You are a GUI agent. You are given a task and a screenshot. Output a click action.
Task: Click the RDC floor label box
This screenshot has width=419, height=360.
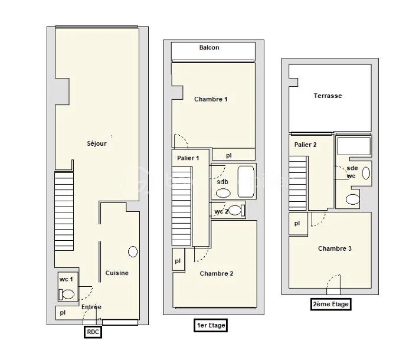point(93,332)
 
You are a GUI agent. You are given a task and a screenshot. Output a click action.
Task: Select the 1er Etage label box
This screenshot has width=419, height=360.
point(211,325)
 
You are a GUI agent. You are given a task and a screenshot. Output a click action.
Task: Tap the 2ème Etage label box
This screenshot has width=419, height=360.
point(330,304)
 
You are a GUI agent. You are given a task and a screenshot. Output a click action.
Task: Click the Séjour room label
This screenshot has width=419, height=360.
point(97,143)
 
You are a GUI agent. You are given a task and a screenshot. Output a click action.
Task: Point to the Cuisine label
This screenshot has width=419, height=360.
point(117,273)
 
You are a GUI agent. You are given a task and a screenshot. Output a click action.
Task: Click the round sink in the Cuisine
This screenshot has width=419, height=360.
point(133,251)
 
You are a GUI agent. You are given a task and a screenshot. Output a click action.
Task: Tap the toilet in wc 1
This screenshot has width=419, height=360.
point(66,294)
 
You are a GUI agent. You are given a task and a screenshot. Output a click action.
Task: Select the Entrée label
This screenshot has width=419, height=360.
point(91,307)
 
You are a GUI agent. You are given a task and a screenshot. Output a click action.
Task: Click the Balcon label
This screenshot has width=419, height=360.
point(209,48)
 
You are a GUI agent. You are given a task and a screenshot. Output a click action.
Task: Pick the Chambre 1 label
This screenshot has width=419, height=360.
point(211,99)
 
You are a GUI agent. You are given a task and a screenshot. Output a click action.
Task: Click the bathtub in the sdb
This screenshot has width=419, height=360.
point(246,182)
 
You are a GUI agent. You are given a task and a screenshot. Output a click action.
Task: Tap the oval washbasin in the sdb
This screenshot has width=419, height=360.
point(223,193)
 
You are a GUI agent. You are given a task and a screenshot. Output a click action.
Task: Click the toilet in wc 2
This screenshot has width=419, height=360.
point(237,210)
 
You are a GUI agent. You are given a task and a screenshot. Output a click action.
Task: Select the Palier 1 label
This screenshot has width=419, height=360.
point(188,158)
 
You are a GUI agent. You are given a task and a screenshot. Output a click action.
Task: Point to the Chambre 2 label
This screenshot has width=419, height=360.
point(217,273)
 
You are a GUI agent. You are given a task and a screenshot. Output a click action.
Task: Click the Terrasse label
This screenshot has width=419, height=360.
point(328,96)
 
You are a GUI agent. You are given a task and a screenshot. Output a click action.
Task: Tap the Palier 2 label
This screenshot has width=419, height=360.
point(306,145)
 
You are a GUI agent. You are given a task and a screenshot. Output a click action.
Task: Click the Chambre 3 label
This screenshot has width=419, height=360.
point(335,248)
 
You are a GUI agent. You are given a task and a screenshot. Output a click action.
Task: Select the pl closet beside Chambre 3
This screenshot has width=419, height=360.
point(298,224)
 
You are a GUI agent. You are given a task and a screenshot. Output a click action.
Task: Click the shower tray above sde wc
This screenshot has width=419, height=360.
point(354,146)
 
